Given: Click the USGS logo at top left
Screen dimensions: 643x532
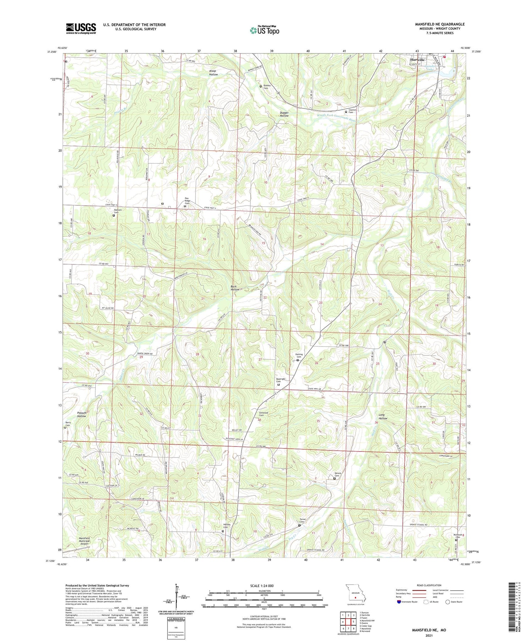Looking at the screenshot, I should [x=81, y=28].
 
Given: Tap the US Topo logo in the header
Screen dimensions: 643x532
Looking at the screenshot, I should [x=264, y=31].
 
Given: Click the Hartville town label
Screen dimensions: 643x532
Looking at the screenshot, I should [x=417, y=60].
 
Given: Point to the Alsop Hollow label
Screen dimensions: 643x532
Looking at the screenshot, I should [x=213, y=73].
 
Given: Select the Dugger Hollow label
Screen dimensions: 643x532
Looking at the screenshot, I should [x=284, y=114].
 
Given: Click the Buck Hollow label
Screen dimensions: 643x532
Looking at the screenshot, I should [x=235, y=288].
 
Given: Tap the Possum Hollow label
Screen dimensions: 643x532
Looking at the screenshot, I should [x=82, y=415].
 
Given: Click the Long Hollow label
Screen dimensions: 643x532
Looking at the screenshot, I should [x=383, y=416].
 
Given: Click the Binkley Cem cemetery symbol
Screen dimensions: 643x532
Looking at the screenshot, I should [x=261, y=86].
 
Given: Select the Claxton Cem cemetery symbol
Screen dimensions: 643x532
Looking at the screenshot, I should [x=346, y=112].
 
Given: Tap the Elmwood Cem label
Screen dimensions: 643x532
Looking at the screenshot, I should [x=264, y=414].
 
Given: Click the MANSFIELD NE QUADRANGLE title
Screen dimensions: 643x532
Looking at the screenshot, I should [x=440, y=24].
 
